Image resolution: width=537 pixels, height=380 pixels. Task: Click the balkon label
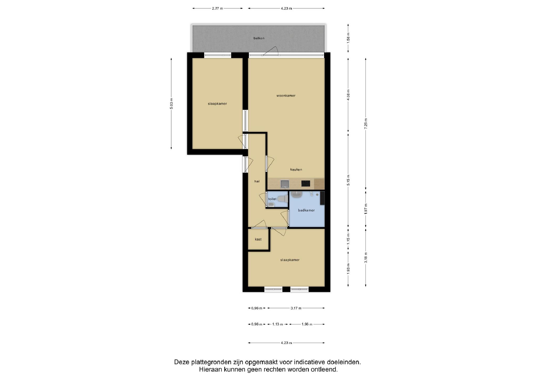pyautogui.click(x=259, y=38)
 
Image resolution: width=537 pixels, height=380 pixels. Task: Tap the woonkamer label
pyautogui.click(x=286, y=96)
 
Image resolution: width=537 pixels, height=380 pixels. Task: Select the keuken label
pyautogui.click(x=296, y=170)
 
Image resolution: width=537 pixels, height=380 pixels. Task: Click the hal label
pyautogui.click(x=257, y=181)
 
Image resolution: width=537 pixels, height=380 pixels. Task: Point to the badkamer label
pyautogui.click(x=306, y=210)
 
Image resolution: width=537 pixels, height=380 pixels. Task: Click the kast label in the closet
pyautogui.click(x=258, y=239)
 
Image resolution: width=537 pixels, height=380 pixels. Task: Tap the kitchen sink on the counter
pyautogui.click(x=285, y=184)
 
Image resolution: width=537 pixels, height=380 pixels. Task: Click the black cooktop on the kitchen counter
pyautogui.click(x=306, y=183)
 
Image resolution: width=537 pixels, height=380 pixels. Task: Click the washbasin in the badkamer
pyautogui.click(x=297, y=194)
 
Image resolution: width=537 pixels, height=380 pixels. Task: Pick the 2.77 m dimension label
pyautogui.click(x=217, y=8)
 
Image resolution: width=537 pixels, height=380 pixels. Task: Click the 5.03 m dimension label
pyautogui.click(x=171, y=104)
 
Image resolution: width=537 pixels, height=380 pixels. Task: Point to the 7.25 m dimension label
pyautogui.click(x=366, y=123)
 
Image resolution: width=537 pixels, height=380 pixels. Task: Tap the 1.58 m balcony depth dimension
pyautogui.click(x=348, y=38)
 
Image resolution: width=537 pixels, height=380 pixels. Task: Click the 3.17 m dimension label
pyautogui.click(x=296, y=308)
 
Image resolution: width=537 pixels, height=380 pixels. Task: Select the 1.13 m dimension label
pyautogui.click(x=277, y=324)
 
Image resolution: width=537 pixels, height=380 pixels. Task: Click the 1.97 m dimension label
pyautogui.click(x=366, y=209)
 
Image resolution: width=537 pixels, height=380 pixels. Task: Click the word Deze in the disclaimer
pyautogui.click(x=182, y=362)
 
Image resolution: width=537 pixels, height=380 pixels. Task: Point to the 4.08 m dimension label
pyautogui.click(x=348, y=95)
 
